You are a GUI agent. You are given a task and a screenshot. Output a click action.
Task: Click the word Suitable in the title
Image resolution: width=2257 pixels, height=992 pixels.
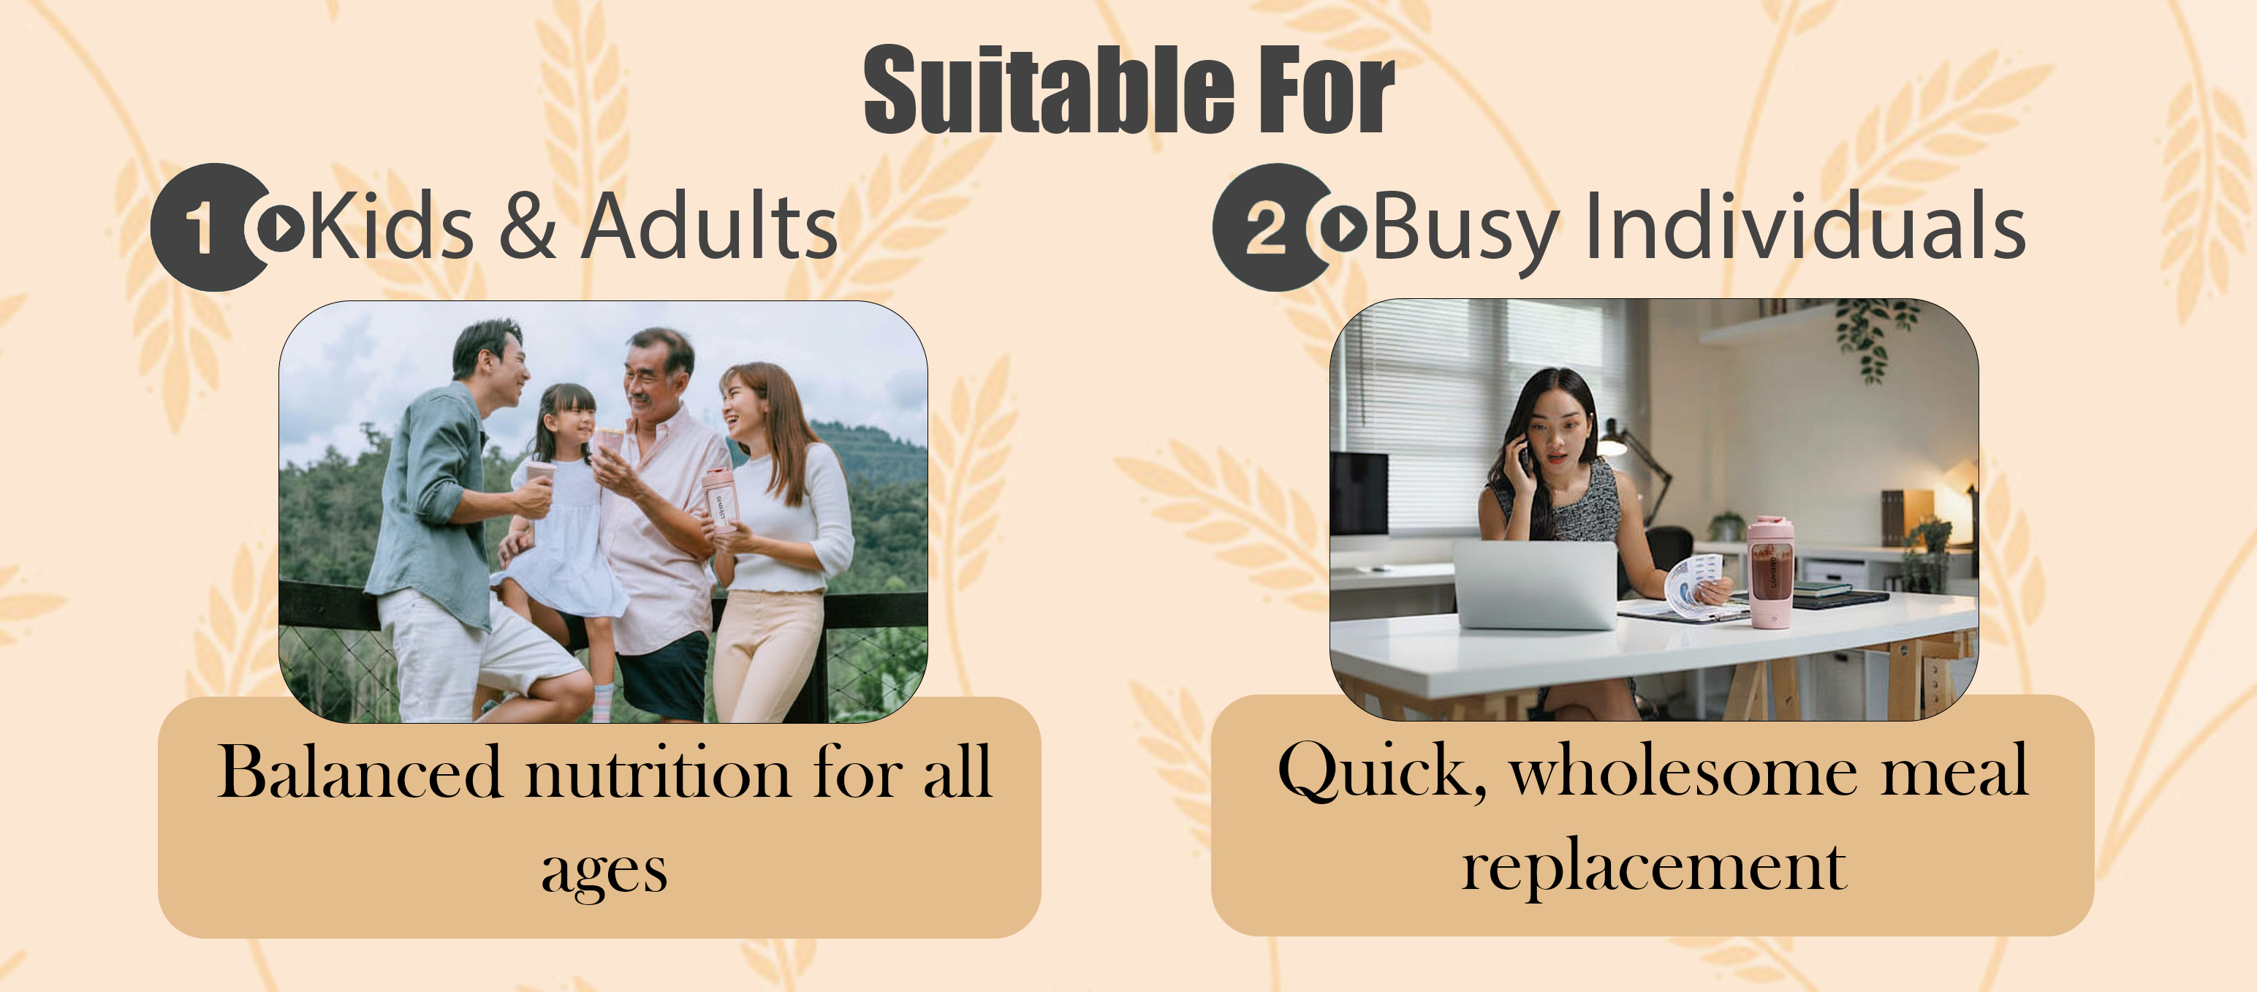click(x=1049, y=89)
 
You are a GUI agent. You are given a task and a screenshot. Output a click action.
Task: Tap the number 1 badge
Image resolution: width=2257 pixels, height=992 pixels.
click(x=203, y=227)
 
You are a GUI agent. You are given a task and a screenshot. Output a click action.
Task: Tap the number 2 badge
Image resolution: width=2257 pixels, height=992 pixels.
click(x=1267, y=227)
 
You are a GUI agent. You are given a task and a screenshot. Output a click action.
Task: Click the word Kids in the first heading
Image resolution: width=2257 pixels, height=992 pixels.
click(x=392, y=226)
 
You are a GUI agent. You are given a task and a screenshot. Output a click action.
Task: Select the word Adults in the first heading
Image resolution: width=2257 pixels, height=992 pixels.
click(x=710, y=226)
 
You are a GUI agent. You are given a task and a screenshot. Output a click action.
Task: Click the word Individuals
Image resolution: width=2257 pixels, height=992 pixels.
click(x=1806, y=226)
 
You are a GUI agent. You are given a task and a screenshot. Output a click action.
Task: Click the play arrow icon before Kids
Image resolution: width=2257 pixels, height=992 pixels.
click(x=281, y=227)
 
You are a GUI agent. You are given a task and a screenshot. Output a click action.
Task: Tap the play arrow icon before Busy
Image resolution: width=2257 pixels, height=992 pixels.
click(x=1343, y=227)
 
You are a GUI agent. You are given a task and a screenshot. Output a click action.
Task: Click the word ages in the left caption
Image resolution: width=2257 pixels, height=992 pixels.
click(x=604, y=872)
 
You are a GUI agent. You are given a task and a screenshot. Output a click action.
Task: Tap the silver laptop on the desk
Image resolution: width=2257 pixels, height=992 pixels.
click(x=1535, y=583)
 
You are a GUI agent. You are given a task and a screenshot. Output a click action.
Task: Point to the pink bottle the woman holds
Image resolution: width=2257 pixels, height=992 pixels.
click(x=719, y=499)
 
